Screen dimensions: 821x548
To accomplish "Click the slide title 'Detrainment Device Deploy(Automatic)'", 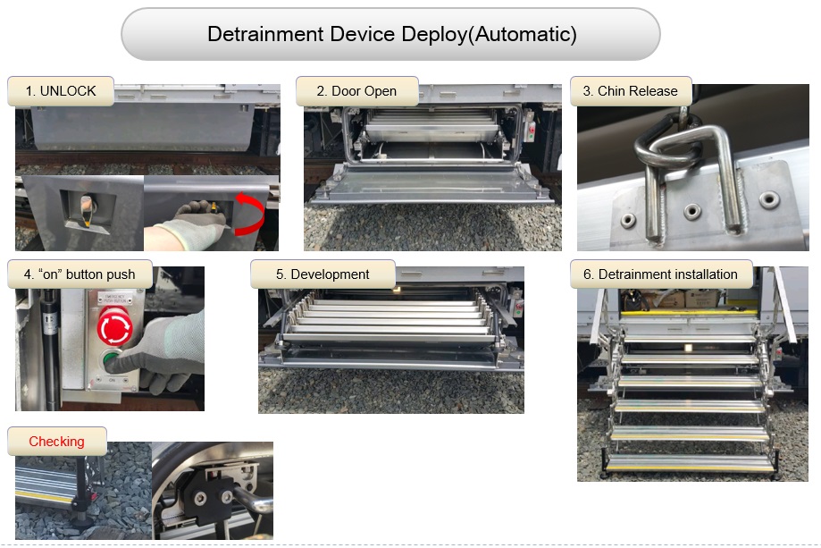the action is (x=391, y=35).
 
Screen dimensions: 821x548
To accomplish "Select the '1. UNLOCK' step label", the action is (x=61, y=91).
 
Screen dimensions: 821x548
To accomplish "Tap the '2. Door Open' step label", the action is (x=356, y=91).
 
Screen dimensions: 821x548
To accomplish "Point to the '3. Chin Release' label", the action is (x=631, y=91).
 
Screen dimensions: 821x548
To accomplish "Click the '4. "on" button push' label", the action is (x=80, y=274).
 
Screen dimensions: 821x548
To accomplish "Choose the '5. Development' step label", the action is (x=323, y=274).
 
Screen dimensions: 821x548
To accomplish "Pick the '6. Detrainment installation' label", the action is (x=661, y=274).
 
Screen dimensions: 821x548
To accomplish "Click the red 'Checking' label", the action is (x=56, y=441).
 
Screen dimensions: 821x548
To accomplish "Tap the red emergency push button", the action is (x=114, y=326).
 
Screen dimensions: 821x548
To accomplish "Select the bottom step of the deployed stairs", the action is (x=690, y=464).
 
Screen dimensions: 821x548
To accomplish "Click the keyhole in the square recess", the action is (x=88, y=206).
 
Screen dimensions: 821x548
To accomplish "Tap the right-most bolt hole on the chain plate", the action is (x=768, y=199).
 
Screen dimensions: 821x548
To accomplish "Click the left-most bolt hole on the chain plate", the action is (x=628, y=221).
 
